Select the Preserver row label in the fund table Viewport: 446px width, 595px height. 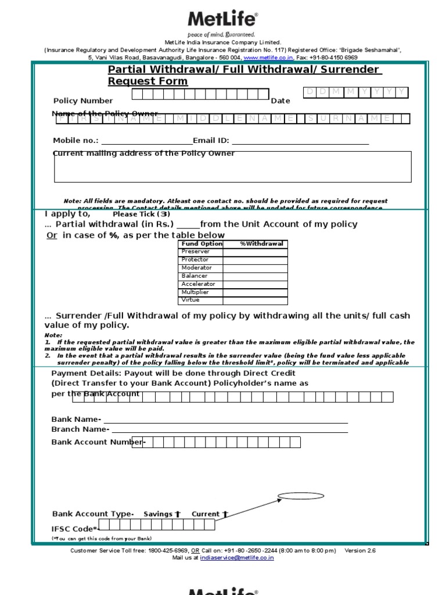pyautogui.click(x=192, y=252)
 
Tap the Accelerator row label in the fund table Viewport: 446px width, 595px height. pyautogui.click(x=198, y=284)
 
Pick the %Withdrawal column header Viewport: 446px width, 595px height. pyautogui.click(x=261, y=244)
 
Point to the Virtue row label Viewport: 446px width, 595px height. pyautogui.click(x=190, y=300)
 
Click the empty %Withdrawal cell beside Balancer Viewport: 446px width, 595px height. pyautogui.click(x=255, y=276)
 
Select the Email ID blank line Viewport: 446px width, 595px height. pyautogui.click(x=300, y=141)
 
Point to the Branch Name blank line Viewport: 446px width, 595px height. pyautogui.click(x=229, y=430)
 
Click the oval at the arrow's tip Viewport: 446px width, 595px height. pyautogui.click(x=296, y=496)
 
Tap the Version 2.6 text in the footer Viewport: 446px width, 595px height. pyautogui.click(x=360, y=550)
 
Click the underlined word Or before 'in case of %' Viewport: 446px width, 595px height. pyautogui.click(x=52, y=235)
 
